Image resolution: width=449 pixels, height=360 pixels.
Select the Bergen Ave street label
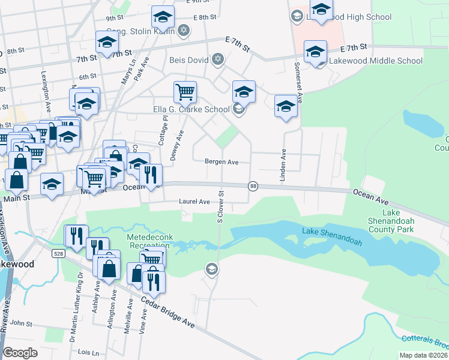coord(221,161)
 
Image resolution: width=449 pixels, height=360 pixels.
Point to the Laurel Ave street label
coord(194,202)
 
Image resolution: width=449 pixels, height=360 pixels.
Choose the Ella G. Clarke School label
coord(191,109)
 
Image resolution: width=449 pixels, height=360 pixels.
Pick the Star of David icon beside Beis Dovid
coord(217,59)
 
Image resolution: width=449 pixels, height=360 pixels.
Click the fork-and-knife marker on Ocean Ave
coord(151,174)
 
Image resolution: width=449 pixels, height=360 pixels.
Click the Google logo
coord(20,352)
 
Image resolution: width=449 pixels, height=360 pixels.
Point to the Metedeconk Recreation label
coord(149,242)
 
